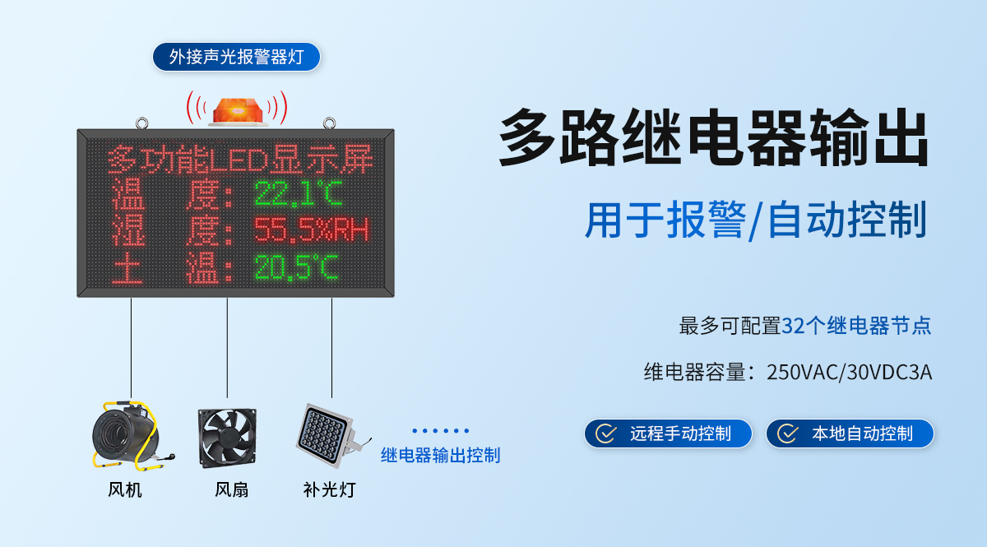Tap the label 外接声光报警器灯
pyautogui.click(x=236, y=57)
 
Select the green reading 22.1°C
pyautogui.click(x=298, y=193)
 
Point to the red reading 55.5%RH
pyautogui.click(x=310, y=230)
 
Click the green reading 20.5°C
pyautogui.click(x=296, y=267)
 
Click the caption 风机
pyautogui.click(x=125, y=490)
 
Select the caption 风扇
pyautogui.click(x=231, y=490)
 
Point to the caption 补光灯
pyautogui.click(x=329, y=490)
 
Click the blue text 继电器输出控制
pyautogui.click(x=440, y=455)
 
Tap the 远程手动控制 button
pyautogui.click(x=668, y=433)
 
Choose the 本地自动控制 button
pyautogui.click(x=850, y=433)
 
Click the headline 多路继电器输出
pyautogui.click(x=714, y=139)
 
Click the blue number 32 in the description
pyautogui.click(x=792, y=326)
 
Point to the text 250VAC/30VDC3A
pyautogui.click(x=849, y=372)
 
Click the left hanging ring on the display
pyautogui.click(x=143, y=124)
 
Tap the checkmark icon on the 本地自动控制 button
pyautogui.click(x=788, y=433)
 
